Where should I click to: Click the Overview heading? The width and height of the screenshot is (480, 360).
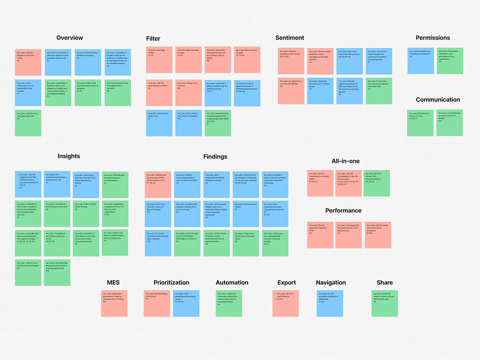click(x=70, y=38)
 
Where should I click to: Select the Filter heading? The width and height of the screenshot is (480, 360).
click(x=153, y=38)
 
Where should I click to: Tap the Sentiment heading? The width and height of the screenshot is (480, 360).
click(x=290, y=38)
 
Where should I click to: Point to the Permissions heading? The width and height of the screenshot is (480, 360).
click(x=433, y=38)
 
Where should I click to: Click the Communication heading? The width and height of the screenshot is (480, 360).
click(x=438, y=100)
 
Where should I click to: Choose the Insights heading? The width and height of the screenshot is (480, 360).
click(x=69, y=156)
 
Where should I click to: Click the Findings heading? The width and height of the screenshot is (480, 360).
click(x=215, y=156)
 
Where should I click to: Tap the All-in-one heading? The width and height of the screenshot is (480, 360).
click(x=346, y=161)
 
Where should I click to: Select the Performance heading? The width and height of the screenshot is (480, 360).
click(x=343, y=210)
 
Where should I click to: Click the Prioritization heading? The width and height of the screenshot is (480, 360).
click(x=171, y=282)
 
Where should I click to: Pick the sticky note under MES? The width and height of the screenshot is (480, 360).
click(x=114, y=304)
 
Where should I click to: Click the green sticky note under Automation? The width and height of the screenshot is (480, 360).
click(x=229, y=304)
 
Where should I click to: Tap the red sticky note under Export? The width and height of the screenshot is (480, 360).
click(x=285, y=304)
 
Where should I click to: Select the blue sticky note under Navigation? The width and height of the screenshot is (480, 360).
click(x=330, y=304)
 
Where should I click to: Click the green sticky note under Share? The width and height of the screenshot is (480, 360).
click(x=385, y=304)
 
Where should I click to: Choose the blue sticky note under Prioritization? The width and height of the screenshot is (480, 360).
click(x=186, y=304)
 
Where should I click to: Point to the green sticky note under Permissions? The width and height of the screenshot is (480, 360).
click(x=450, y=61)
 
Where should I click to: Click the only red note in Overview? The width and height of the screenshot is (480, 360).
click(x=28, y=62)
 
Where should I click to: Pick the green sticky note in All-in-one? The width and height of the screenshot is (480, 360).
click(x=376, y=183)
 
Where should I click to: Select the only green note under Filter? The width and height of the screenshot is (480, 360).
click(x=218, y=123)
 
